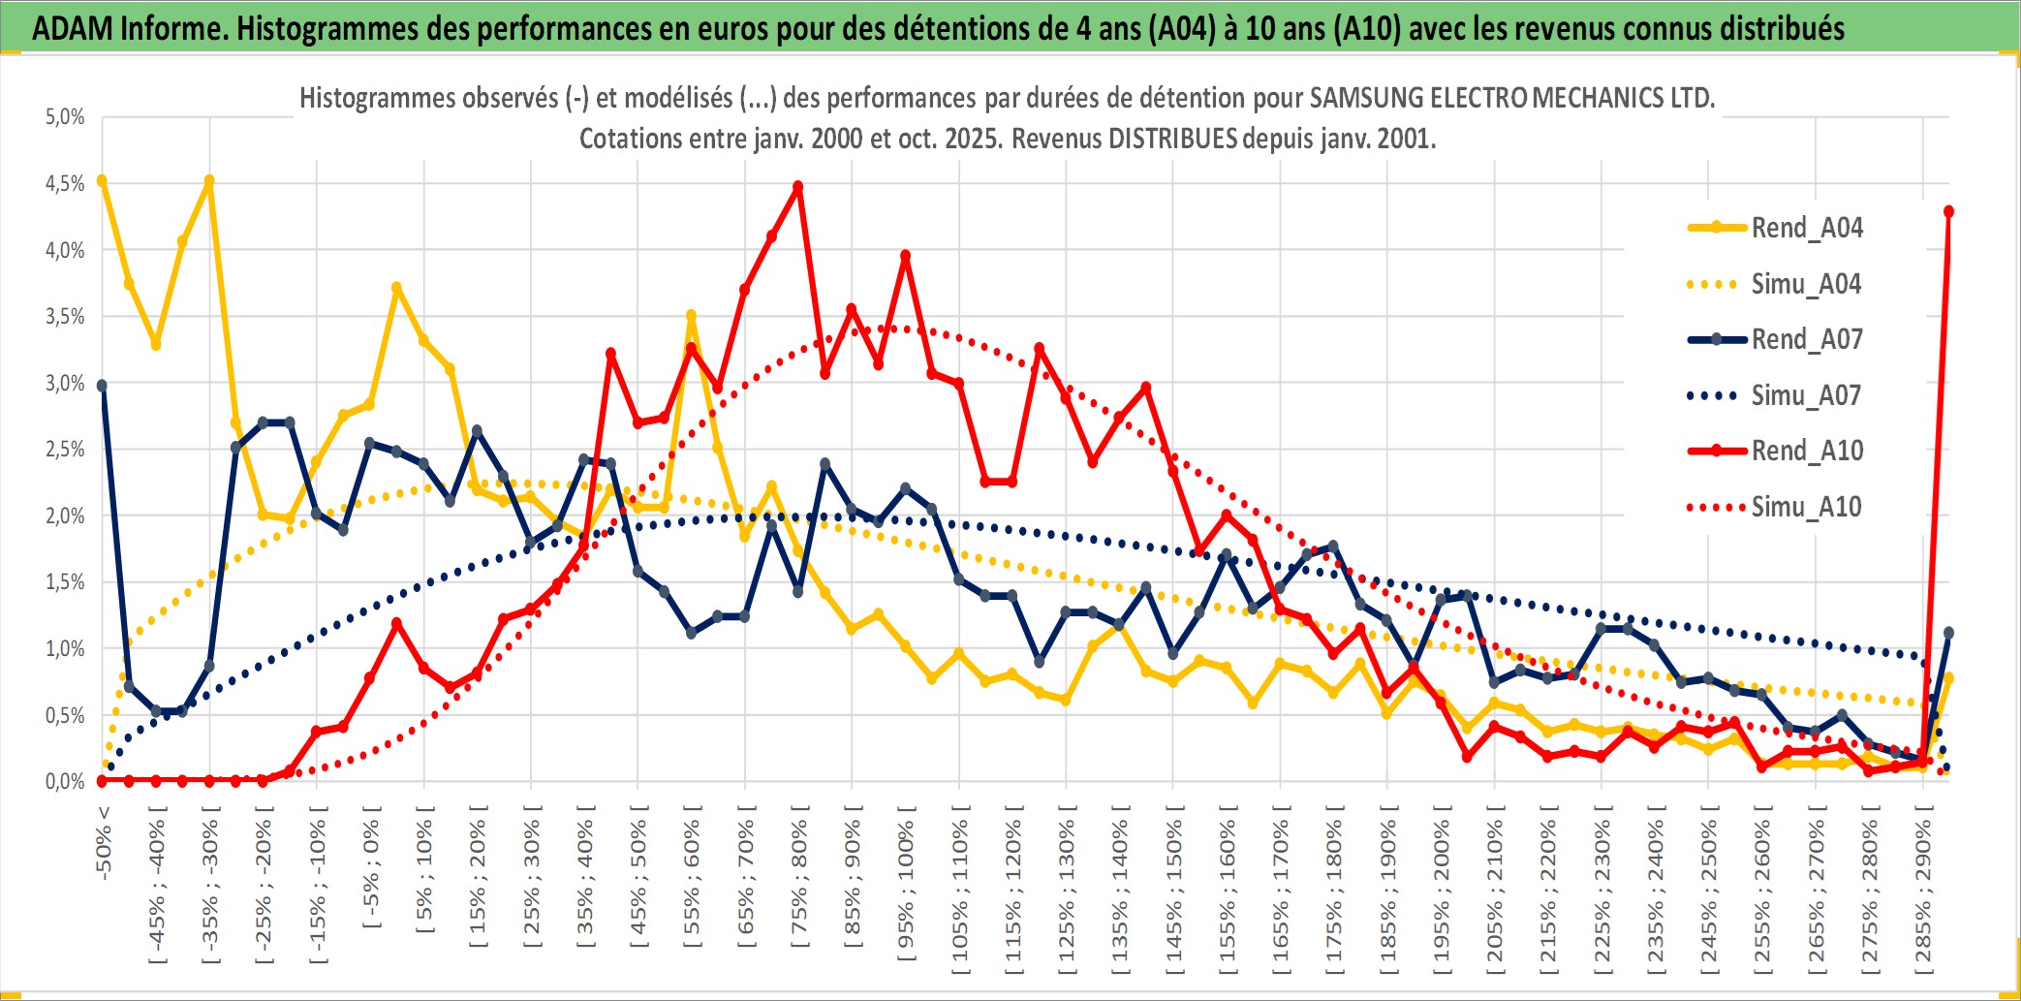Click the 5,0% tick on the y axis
[65, 117]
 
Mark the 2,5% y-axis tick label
[65, 450]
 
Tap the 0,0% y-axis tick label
[65, 781]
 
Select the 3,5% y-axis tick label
[65, 317]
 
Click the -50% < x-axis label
[104, 843]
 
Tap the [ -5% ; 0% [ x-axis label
[371, 867]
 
